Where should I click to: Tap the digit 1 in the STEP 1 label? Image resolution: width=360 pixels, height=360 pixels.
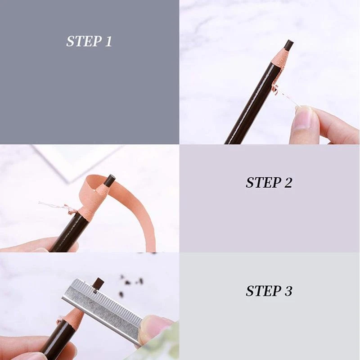[x=108, y=41]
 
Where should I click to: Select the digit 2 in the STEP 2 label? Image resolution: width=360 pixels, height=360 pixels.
[x=287, y=183]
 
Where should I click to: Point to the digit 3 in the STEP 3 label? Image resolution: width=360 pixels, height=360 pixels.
[x=287, y=291]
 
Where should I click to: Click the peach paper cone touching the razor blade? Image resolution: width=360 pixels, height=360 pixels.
[x=72, y=316]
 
